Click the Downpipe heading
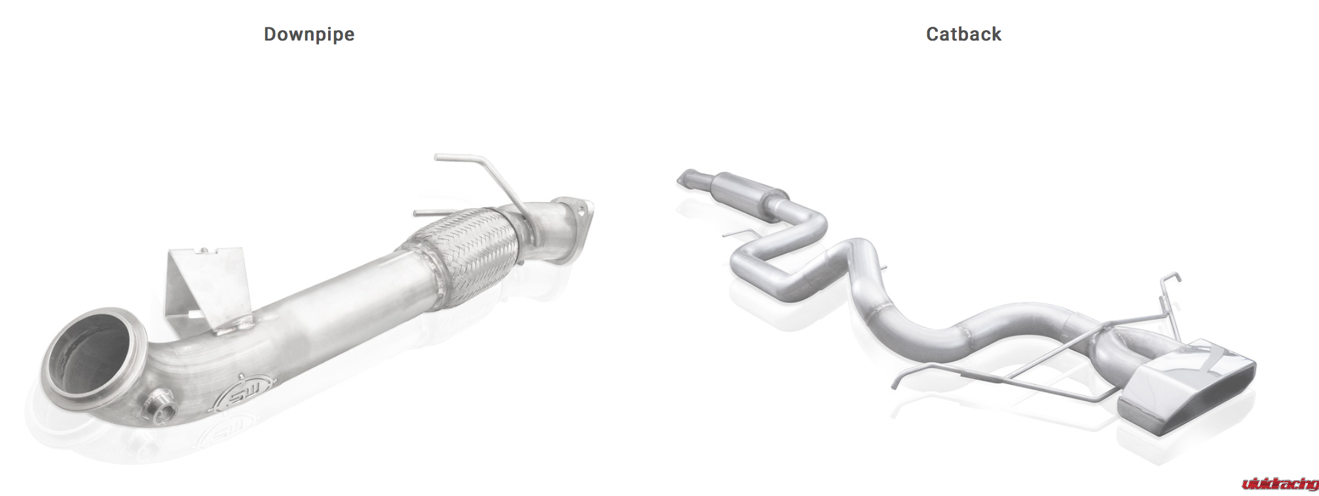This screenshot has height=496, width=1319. (309, 34)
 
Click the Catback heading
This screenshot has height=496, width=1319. (963, 34)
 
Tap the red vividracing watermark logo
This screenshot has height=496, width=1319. (1280, 484)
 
